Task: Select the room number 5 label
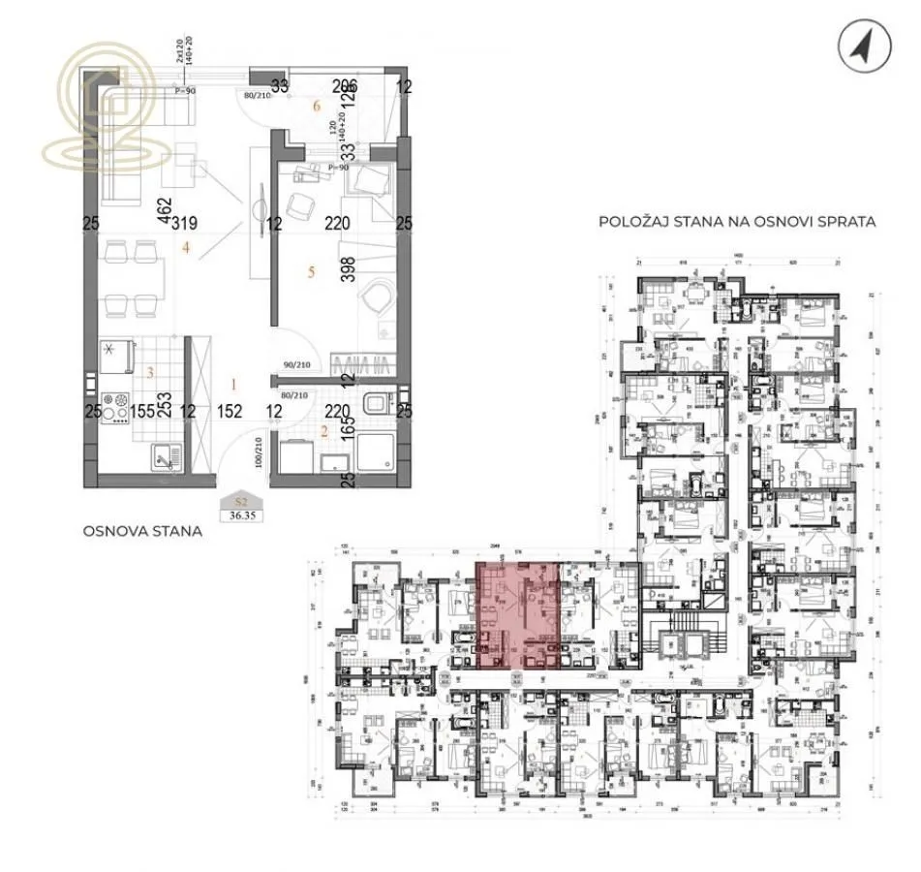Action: click(312, 272)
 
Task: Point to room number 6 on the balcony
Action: click(316, 106)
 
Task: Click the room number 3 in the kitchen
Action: click(149, 372)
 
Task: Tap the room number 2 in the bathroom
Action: click(324, 432)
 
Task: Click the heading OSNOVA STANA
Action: click(142, 531)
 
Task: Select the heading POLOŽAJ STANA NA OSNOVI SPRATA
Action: click(737, 222)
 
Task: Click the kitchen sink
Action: click(160, 454)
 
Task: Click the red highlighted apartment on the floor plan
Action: click(521, 616)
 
